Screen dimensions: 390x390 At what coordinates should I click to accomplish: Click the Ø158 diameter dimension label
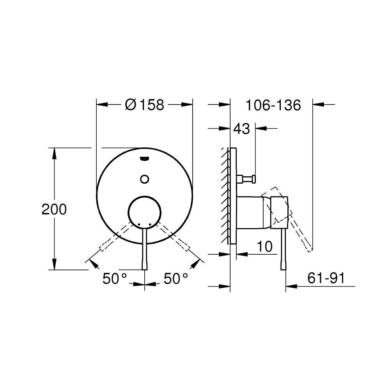tap(145, 105)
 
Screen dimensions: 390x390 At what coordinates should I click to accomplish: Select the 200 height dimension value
tap(54, 209)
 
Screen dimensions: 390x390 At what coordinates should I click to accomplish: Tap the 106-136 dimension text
tap(273, 105)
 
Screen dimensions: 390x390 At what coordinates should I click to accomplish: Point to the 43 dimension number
tap(242, 128)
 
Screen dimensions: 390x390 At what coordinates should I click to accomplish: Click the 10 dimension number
tap(264, 246)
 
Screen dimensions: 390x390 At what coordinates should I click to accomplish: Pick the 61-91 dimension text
tap(326, 278)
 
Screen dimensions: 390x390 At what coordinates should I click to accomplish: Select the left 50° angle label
tap(115, 278)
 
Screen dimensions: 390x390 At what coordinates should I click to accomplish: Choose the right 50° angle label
tap(176, 278)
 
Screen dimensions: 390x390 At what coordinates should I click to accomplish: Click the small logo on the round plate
tap(144, 158)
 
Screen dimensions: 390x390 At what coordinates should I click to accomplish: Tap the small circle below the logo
tap(144, 178)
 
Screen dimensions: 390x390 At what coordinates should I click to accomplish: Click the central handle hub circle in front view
tap(144, 211)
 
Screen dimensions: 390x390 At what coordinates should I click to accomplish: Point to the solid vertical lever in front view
tap(145, 250)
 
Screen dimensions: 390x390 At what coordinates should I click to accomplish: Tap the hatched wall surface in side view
tap(225, 195)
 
